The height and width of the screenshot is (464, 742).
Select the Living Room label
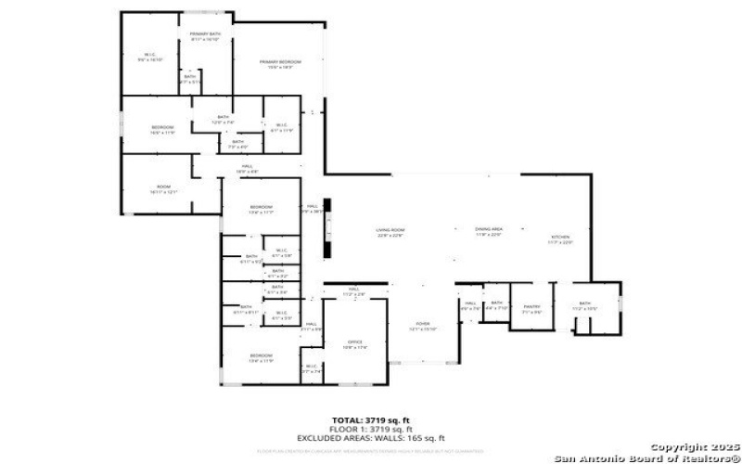(390, 230)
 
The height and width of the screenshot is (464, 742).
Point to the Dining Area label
(488, 230)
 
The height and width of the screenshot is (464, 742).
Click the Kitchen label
(559, 238)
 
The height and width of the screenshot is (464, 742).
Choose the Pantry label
(531, 308)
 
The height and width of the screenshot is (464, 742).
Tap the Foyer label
(423, 324)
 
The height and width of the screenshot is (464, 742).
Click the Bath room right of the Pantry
(584, 304)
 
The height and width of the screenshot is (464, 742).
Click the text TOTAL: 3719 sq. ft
(371, 419)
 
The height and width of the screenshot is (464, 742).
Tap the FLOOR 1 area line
(371, 429)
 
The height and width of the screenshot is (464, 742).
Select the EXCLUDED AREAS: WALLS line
(371, 438)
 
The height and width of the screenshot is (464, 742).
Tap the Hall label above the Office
(353, 290)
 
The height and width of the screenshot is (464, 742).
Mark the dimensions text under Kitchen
(559, 243)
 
